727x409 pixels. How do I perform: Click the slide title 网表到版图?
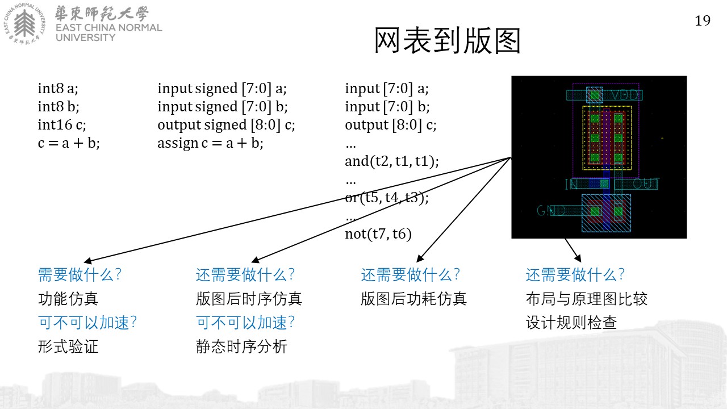click(448, 40)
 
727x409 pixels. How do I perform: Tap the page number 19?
click(703, 21)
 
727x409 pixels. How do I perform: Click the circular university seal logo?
click(24, 23)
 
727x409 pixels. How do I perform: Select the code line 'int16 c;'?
click(62, 124)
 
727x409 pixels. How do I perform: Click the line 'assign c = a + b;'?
click(210, 143)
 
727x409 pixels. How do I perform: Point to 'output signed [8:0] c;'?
click(226, 124)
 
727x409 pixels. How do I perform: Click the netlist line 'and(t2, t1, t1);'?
click(392, 161)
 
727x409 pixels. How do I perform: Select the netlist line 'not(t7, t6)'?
click(378, 233)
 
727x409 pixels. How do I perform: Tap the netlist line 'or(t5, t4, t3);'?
click(387, 197)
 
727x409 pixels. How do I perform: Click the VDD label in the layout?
click(625, 95)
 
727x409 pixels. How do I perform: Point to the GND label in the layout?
click(551, 211)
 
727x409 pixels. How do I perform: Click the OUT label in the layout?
click(646, 183)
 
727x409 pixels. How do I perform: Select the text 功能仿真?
click(68, 299)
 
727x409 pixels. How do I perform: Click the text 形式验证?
click(68, 347)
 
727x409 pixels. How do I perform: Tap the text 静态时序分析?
click(241, 347)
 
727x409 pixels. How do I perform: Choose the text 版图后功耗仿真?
click(413, 299)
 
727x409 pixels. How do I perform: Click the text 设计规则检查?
click(571, 323)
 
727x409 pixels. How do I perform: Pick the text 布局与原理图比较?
click(587, 299)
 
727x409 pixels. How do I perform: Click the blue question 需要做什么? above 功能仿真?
click(80, 274)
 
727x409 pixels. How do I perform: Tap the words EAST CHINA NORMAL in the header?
click(108, 28)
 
